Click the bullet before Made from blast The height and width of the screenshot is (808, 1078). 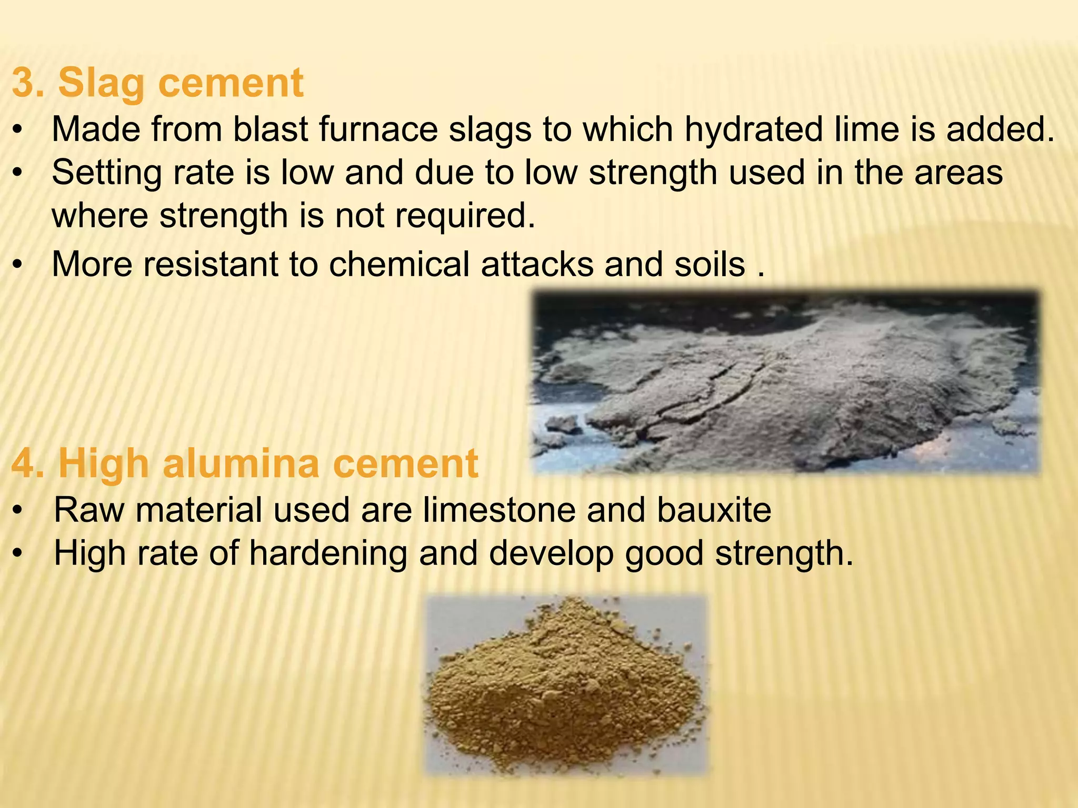click(x=18, y=130)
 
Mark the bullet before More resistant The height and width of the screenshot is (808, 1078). click(x=18, y=265)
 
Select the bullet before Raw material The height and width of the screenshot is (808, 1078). click(x=18, y=511)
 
